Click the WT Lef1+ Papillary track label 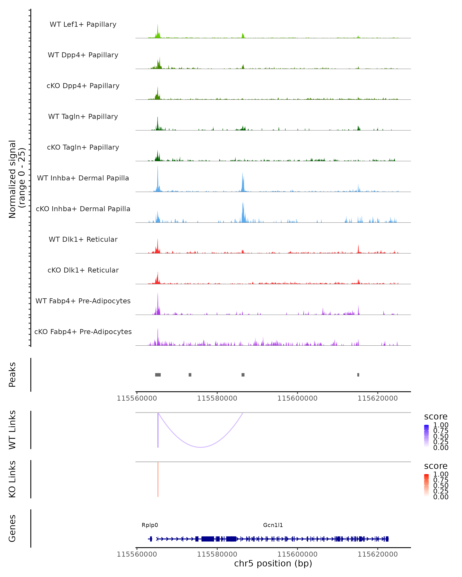click(83, 24)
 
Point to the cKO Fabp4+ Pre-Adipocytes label click(83, 332)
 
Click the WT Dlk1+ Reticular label click(83, 239)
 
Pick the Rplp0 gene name click(150, 525)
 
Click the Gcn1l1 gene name click(273, 525)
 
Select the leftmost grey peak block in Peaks click(158, 375)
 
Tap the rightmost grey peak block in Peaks click(358, 375)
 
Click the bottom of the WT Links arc click(201, 447)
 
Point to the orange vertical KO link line click(158, 479)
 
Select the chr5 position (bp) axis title click(273, 563)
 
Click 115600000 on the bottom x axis click(297, 554)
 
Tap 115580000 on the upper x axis click(217, 398)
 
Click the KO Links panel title click(12, 479)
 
